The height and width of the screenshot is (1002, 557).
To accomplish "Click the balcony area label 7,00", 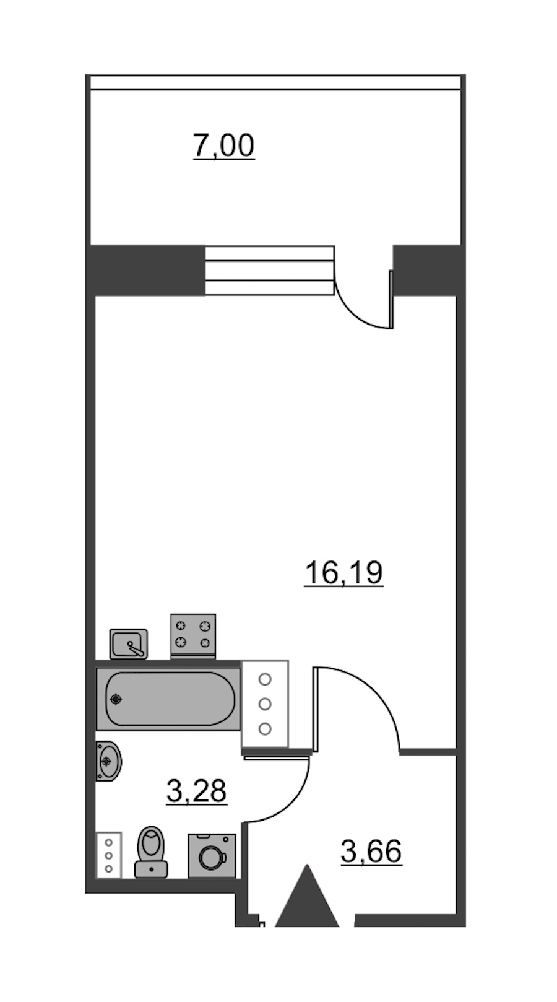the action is [223, 146].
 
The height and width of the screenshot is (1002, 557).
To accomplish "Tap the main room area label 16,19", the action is [343, 573].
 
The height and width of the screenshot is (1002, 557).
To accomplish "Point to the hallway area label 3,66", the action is [371, 851].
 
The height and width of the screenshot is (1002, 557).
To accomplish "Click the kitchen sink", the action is [129, 643].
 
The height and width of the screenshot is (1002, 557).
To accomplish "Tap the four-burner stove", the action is [193, 636].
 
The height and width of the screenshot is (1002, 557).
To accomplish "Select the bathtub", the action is [168, 699].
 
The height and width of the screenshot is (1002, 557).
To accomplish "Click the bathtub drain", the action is [116, 699].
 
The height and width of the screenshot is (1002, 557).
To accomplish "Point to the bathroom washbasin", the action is [109, 761].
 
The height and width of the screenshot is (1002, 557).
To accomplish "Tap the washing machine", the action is [212, 856].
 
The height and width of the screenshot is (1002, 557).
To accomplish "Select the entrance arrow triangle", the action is [307, 896].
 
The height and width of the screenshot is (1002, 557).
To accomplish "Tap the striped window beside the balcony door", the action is [270, 271].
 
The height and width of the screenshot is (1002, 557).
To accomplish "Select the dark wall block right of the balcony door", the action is [427, 270].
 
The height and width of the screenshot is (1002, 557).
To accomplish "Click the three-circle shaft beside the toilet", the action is [109, 855].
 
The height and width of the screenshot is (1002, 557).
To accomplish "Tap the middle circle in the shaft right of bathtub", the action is [265, 704].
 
